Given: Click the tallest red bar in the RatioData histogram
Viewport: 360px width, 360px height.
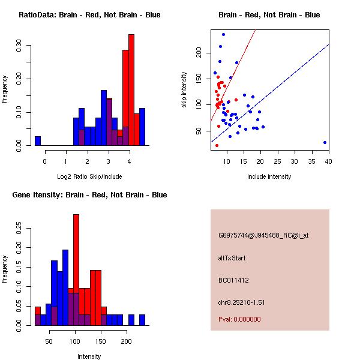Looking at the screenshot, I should [x=131, y=90].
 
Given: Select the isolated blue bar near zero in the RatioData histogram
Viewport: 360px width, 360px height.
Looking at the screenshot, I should [x=38, y=140].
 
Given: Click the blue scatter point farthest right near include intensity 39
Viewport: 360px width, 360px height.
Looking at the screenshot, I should [x=325, y=142].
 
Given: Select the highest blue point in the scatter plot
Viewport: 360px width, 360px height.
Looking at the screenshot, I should [x=223, y=34].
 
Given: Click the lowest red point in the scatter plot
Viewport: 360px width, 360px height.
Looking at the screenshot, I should [x=217, y=145].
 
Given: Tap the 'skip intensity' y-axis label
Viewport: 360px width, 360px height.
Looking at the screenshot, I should [x=185, y=90].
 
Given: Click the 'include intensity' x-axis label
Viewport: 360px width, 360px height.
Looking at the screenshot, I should [x=269, y=176].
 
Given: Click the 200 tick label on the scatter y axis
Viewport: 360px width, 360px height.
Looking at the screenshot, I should [x=199, y=53].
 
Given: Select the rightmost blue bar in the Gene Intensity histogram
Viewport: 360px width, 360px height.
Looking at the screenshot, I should [x=142, y=319].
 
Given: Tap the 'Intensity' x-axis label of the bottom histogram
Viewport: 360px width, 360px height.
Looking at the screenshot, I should [x=89, y=356].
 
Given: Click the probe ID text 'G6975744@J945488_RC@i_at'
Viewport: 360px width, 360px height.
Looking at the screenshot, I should [x=263, y=236].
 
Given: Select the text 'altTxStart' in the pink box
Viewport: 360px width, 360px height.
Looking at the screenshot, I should [x=232, y=258].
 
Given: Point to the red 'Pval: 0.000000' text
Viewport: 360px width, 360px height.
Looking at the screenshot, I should [x=240, y=320].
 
